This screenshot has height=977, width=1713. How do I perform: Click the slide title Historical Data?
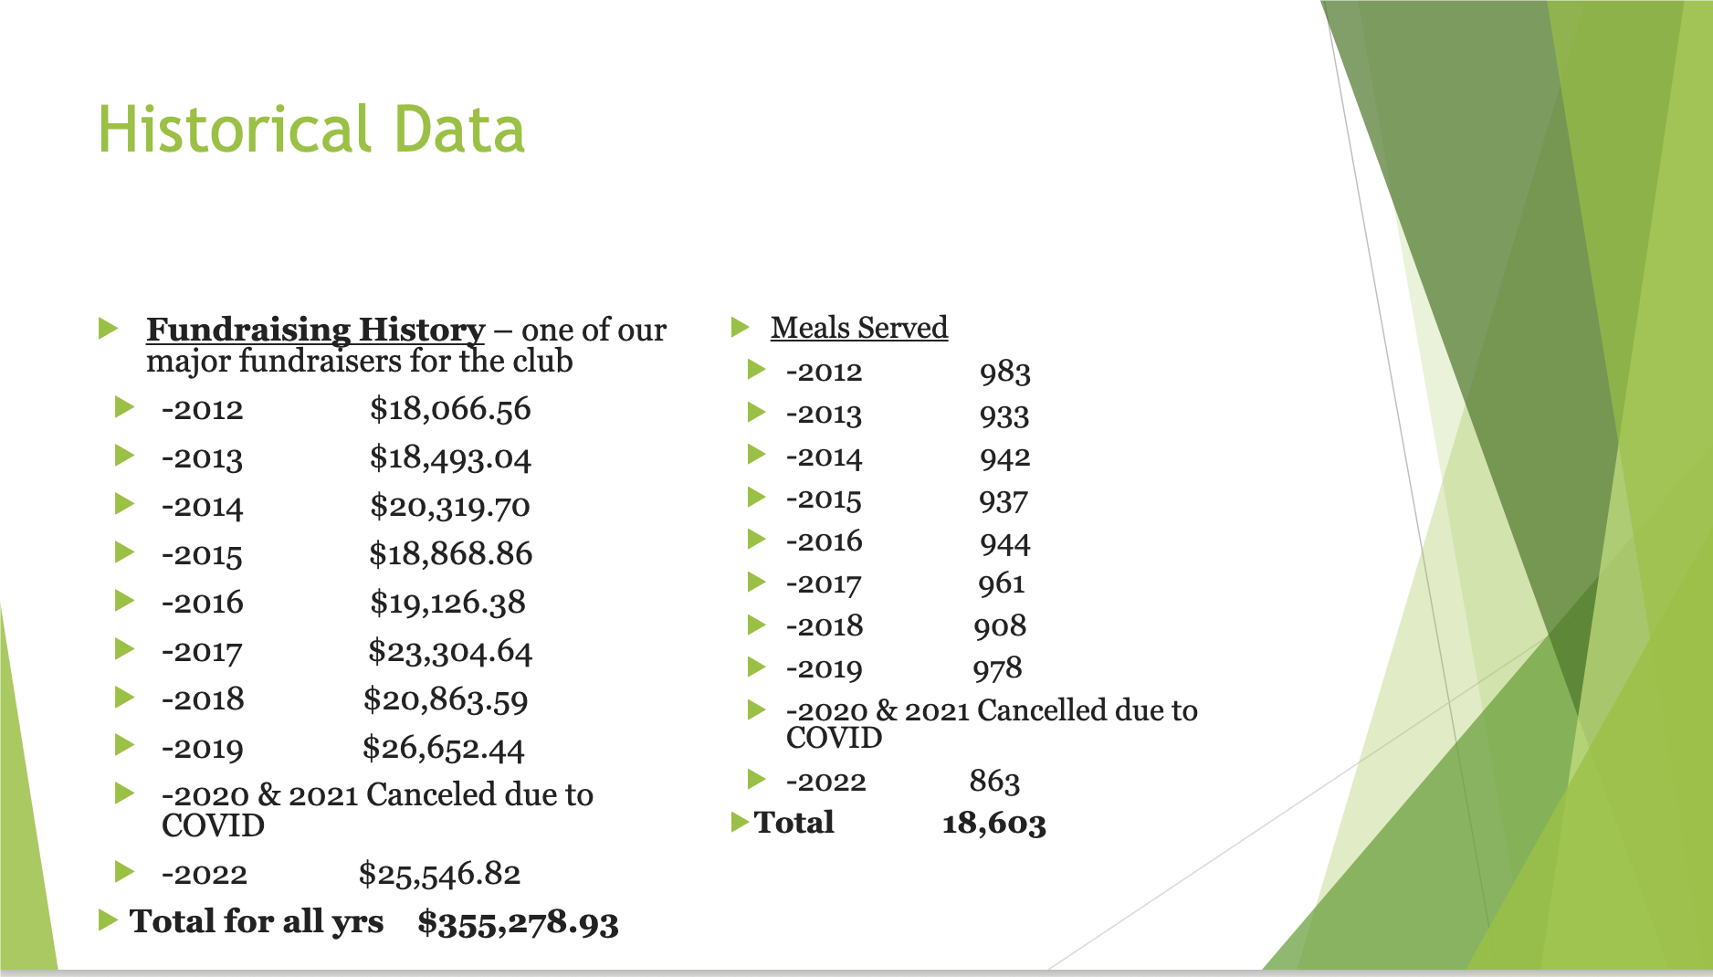[x=311, y=129]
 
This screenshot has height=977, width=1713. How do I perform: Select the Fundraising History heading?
[x=316, y=330]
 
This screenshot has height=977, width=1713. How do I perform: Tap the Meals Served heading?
[x=859, y=327]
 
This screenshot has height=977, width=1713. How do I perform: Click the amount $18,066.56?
[x=450, y=409]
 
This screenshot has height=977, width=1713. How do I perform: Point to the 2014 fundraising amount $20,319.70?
[x=450, y=506]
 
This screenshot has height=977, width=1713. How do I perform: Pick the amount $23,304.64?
[x=450, y=651]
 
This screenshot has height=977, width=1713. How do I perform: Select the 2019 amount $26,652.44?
[x=444, y=748]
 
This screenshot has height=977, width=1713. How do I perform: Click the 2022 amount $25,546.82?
[x=440, y=874]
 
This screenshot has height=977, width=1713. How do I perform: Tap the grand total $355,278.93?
[x=519, y=922]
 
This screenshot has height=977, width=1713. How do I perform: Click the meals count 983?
[x=1005, y=373]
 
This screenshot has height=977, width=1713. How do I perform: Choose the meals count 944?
[x=1005, y=543]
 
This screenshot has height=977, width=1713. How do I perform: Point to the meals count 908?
[x=1000, y=625]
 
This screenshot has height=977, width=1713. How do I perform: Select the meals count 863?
[x=995, y=781]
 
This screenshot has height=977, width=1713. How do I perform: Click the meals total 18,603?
[x=994, y=824]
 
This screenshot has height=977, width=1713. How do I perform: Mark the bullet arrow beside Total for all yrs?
[x=108, y=919]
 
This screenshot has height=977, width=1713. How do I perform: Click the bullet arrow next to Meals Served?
[x=741, y=326]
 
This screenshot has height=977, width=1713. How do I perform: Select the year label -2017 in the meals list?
[x=824, y=583]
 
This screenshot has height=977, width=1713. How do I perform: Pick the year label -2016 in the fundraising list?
[x=203, y=603]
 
